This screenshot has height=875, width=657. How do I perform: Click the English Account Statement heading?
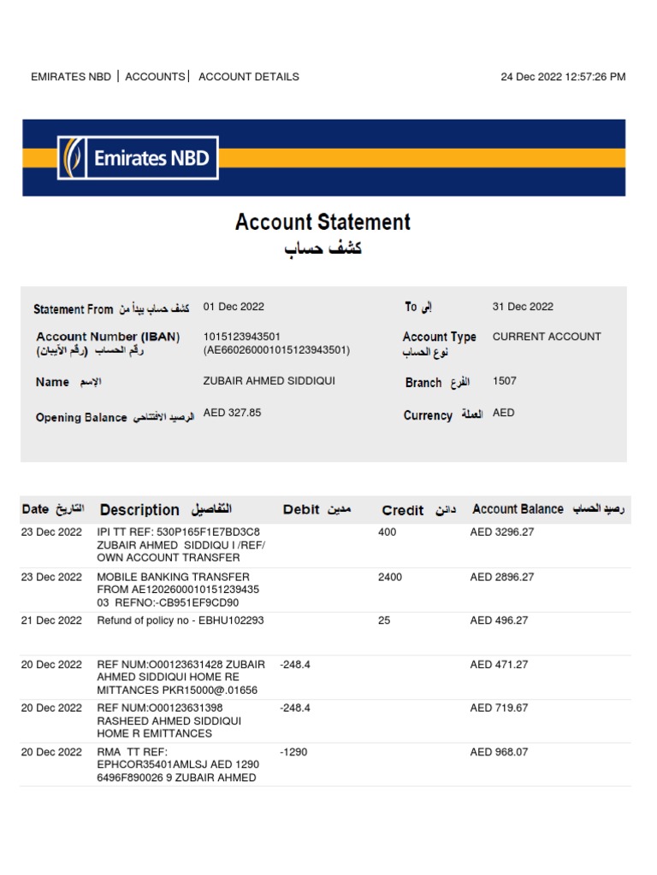(x=323, y=222)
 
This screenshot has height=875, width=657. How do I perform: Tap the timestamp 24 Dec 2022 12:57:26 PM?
(x=563, y=77)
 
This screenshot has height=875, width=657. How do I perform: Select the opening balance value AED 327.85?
(x=232, y=413)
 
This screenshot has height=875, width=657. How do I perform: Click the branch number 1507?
(x=505, y=381)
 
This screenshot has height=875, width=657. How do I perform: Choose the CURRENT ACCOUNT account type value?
(x=547, y=337)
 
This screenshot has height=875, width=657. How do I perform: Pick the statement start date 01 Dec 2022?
(x=234, y=307)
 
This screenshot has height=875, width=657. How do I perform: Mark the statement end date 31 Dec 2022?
(x=523, y=307)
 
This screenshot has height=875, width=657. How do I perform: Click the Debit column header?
(x=301, y=510)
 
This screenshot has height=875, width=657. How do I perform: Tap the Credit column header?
(x=403, y=510)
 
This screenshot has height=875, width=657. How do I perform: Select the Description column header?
(x=139, y=510)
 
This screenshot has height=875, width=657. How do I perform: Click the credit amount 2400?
(x=390, y=577)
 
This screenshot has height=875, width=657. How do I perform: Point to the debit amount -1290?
(x=294, y=752)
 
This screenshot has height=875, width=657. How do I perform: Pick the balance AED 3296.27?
(x=501, y=532)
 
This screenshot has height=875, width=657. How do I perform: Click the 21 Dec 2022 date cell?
(x=51, y=620)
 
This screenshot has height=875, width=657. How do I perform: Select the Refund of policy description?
(x=181, y=620)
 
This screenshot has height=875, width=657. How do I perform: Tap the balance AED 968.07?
(x=499, y=752)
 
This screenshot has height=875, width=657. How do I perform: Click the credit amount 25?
(x=384, y=620)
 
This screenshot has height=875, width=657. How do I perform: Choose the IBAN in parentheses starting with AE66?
(x=276, y=350)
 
